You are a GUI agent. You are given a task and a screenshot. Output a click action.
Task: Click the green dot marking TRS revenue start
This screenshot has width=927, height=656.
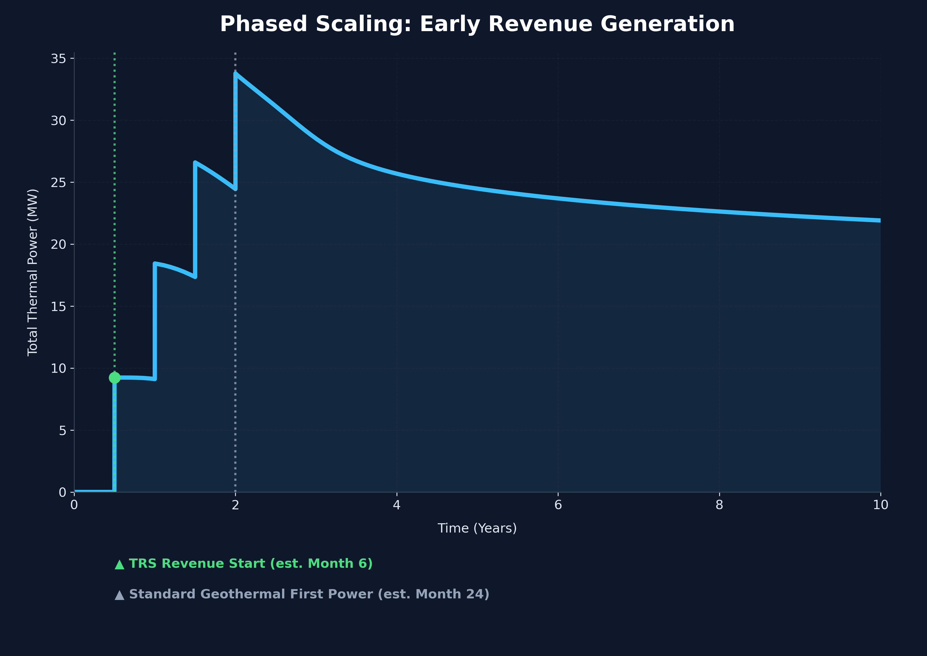click(x=114, y=378)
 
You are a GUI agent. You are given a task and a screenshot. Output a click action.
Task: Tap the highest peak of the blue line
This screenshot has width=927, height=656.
click(x=235, y=74)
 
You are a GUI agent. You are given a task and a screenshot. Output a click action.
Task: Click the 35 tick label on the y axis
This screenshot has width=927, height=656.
click(x=58, y=59)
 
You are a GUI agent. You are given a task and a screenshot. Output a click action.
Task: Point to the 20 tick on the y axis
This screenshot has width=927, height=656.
click(x=58, y=244)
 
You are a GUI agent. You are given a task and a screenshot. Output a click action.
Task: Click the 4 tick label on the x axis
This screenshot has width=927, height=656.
click(x=397, y=505)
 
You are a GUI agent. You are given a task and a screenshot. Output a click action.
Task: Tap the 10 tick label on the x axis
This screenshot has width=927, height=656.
click(x=880, y=505)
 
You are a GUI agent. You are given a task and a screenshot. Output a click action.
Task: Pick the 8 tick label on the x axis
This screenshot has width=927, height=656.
click(x=719, y=505)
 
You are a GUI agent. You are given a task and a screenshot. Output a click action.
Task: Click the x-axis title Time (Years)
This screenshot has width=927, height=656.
click(x=477, y=528)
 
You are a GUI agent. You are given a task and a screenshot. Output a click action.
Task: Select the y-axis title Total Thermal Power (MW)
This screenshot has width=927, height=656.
click(x=32, y=273)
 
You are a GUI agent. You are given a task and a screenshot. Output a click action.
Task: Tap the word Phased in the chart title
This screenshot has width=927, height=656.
click(x=263, y=24)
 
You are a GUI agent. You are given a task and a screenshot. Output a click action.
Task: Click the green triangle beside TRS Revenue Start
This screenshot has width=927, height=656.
click(x=119, y=564)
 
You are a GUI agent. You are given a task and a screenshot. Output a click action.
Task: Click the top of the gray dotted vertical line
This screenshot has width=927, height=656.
click(x=235, y=53)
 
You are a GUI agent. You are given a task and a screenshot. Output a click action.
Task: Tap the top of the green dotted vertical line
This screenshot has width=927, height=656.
click(x=114, y=53)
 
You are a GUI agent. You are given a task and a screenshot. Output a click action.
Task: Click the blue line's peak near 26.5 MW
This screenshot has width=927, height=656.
click(x=195, y=162)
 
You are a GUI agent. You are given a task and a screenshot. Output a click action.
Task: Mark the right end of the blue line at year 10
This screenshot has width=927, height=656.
click(x=880, y=220)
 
